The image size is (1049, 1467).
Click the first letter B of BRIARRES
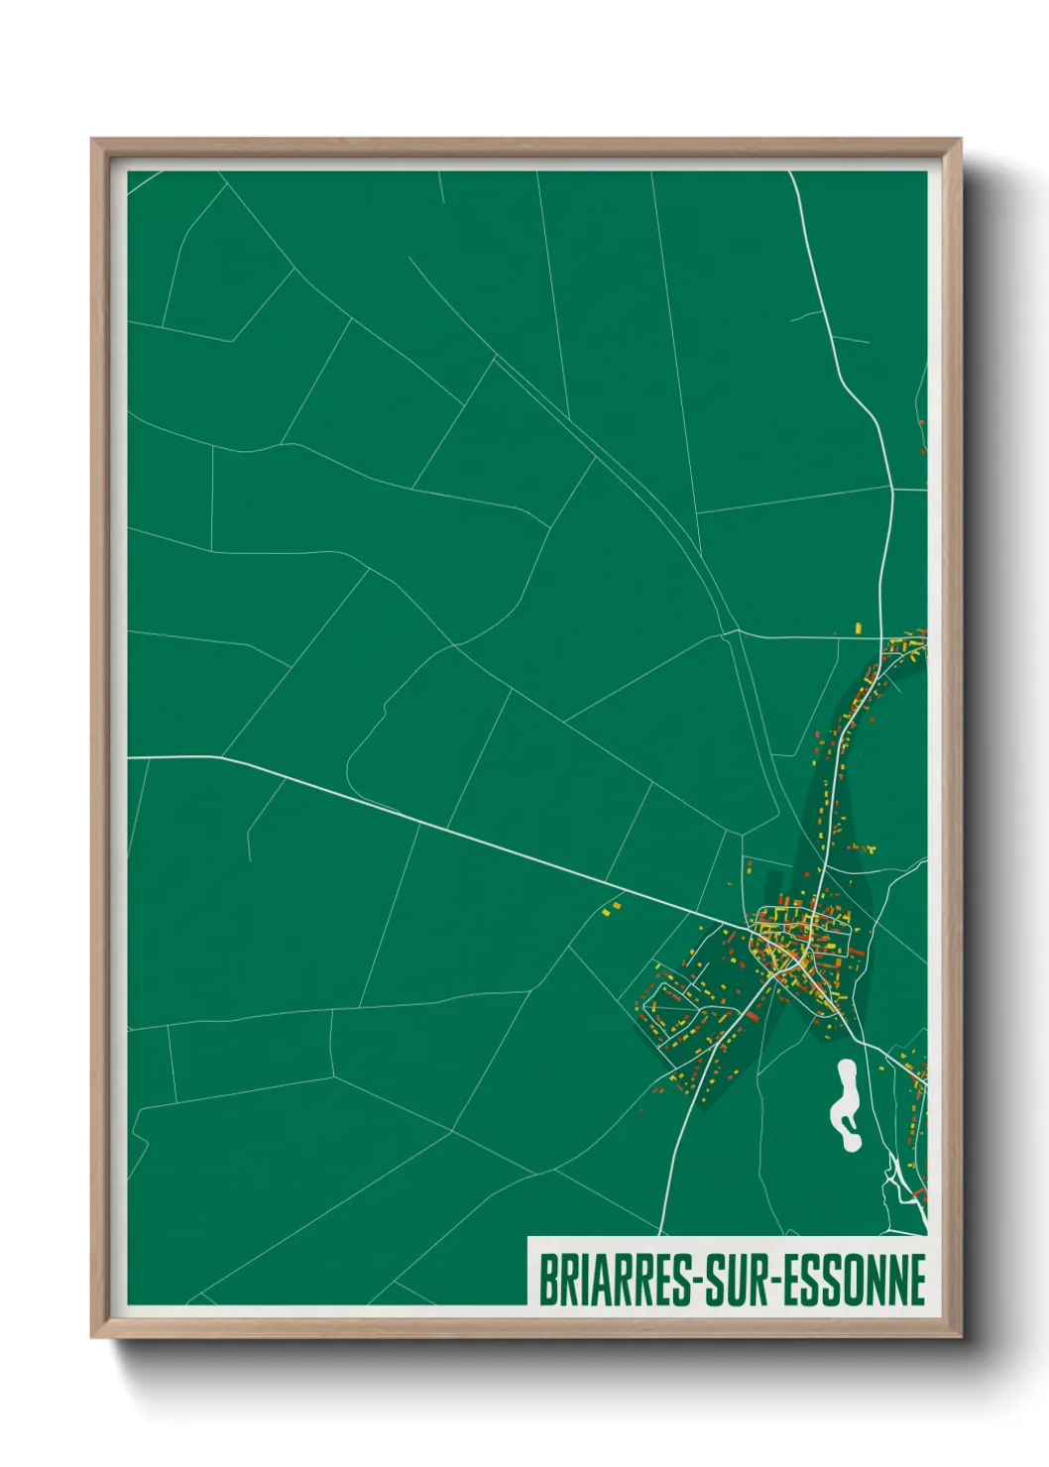click(546, 1280)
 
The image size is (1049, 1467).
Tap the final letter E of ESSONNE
click(917, 1280)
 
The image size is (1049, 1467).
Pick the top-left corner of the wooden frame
click(93, 141)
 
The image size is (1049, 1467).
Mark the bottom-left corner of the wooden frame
click(93, 1335)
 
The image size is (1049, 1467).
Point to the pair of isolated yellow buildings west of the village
click(611, 907)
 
